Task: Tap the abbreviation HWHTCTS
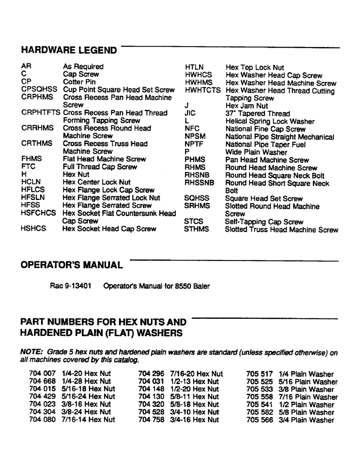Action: tap(202, 90)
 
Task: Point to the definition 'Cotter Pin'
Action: tap(79, 82)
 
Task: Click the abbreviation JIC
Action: tap(190, 114)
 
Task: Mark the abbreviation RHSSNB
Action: tap(199, 184)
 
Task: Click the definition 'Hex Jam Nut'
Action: tap(247, 106)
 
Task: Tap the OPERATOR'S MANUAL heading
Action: tap(72, 266)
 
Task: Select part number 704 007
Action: tap(42, 374)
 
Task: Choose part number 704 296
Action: tap(152, 374)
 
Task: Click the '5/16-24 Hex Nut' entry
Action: tap(88, 397)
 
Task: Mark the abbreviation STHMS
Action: tap(197, 229)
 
